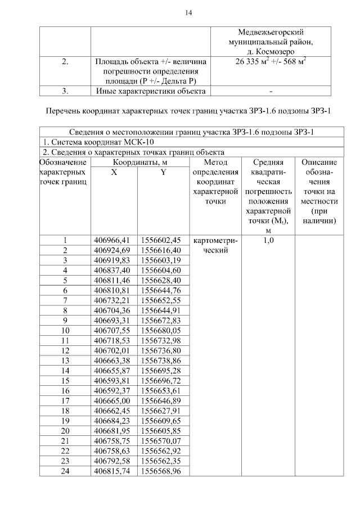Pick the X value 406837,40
[114, 271]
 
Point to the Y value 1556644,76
[161, 290]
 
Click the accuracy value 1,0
[268, 241]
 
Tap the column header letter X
[114, 173]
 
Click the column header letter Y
[163, 173]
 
